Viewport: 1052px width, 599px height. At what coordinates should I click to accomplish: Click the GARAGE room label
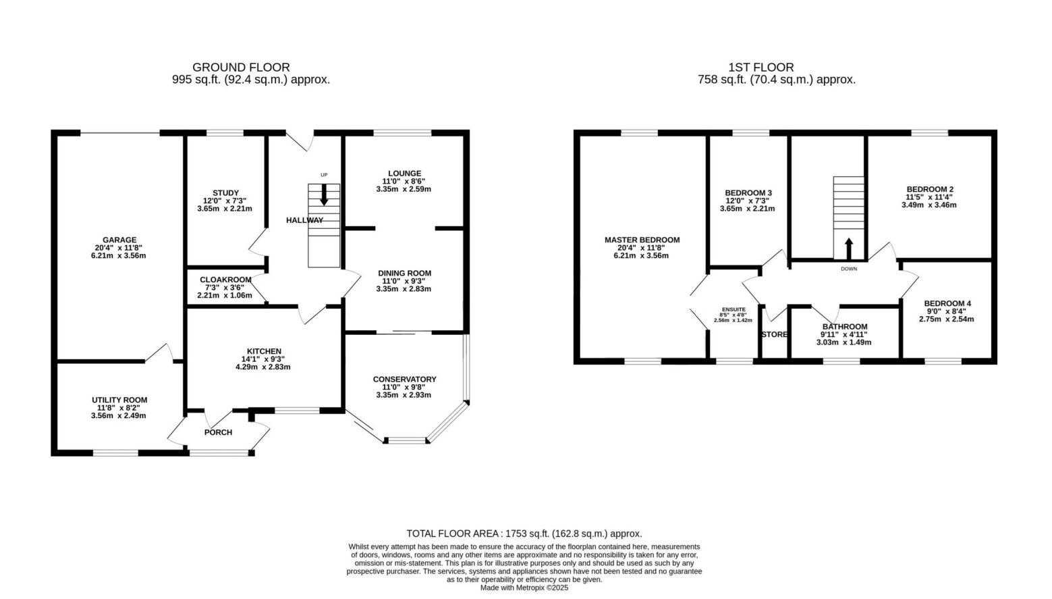pyautogui.click(x=119, y=240)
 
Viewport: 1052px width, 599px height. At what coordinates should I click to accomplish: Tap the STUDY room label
pyautogui.click(x=225, y=192)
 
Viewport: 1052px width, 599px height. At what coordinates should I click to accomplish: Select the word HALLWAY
pyautogui.click(x=305, y=220)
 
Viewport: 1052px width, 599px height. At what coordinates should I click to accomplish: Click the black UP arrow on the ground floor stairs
pyautogui.click(x=324, y=194)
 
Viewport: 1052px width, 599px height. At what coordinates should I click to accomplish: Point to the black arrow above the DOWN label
pyautogui.click(x=849, y=249)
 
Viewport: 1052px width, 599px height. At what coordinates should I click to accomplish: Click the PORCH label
pyautogui.click(x=218, y=432)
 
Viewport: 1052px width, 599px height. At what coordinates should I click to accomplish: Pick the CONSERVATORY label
pyautogui.click(x=404, y=379)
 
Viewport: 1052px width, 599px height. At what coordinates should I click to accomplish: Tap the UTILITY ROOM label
pyautogui.click(x=119, y=400)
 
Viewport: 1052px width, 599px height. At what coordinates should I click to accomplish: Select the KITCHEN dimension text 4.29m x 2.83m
pyautogui.click(x=263, y=367)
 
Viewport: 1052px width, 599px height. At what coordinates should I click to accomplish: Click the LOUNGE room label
pyautogui.click(x=404, y=174)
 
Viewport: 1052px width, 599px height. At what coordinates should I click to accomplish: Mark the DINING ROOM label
pyautogui.click(x=404, y=274)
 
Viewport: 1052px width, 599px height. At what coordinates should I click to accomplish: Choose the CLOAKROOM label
pyautogui.click(x=225, y=280)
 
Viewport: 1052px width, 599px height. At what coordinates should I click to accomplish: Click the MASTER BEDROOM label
pyautogui.click(x=642, y=240)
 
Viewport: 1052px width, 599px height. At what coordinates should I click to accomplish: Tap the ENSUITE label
pyautogui.click(x=733, y=309)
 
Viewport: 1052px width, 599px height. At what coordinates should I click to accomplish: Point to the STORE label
pyautogui.click(x=774, y=334)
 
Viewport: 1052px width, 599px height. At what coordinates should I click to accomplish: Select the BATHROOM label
pyautogui.click(x=844, y=327)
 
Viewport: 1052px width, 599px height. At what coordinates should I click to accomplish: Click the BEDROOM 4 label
pyautogui.click(x=947, y=304)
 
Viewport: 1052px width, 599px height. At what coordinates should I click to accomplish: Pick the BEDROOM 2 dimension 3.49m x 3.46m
pyautogui.click(x=929, y=205)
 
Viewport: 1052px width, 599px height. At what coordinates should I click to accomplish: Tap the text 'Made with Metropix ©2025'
pyautogui.click(x=524, y=588)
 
